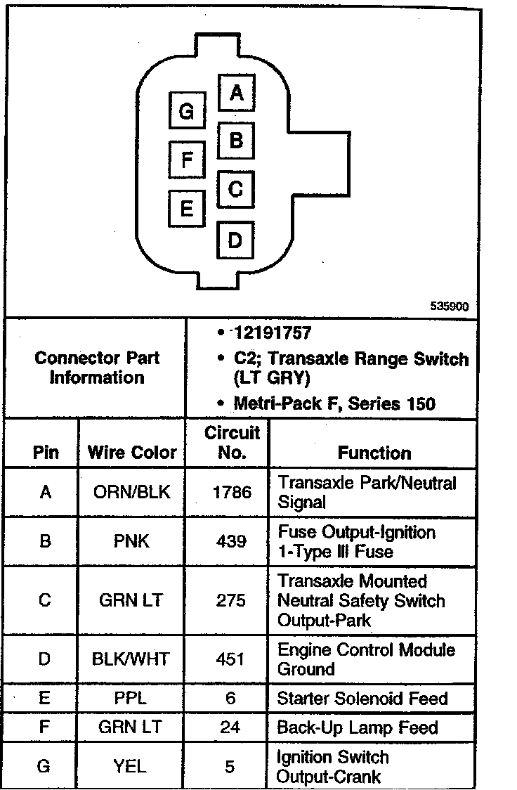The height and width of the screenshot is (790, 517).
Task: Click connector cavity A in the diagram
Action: tap(236, 93)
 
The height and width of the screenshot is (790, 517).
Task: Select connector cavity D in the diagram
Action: tap(235, 241)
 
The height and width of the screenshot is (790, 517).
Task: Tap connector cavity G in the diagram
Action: tap(186, 111)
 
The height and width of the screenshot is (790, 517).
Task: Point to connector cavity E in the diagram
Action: tap(186, 208)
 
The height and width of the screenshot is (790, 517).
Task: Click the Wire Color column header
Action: tap(132, 452)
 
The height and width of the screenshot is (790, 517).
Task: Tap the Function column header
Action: tap(374, 452)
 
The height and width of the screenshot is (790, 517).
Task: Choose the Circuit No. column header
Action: tap(232, 442)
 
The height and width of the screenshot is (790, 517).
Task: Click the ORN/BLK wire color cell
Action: tap(132, 492)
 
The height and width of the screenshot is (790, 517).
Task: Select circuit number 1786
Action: tap(232, 492)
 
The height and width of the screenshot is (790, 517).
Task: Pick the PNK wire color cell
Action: tap(132, 541)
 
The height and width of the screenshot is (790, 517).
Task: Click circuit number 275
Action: tap(232, 601)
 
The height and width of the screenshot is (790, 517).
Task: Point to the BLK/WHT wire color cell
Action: tap(132, 659)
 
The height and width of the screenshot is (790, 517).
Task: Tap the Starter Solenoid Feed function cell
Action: tap(362, 698)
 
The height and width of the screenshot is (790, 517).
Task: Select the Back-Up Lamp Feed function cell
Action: tap(358, 727)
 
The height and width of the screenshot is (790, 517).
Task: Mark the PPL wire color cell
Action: tap(132, 699)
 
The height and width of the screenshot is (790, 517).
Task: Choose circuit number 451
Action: tap(232, 659)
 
